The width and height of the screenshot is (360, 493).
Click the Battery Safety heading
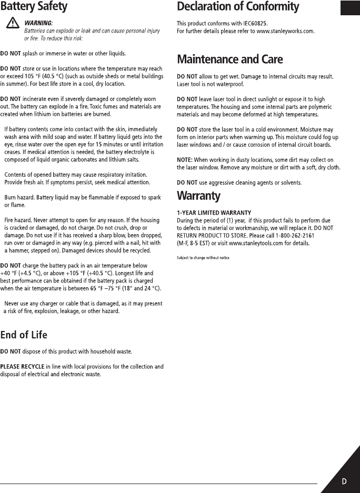(34, 7)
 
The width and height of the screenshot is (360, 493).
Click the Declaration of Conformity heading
(237, 7)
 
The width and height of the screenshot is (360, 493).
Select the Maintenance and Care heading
(229, 59)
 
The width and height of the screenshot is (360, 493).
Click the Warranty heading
(198, 196)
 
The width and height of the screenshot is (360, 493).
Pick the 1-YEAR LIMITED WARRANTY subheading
(214, 212)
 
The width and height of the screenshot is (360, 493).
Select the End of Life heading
(24, 335)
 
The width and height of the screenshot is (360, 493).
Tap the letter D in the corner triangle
(344, 481)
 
